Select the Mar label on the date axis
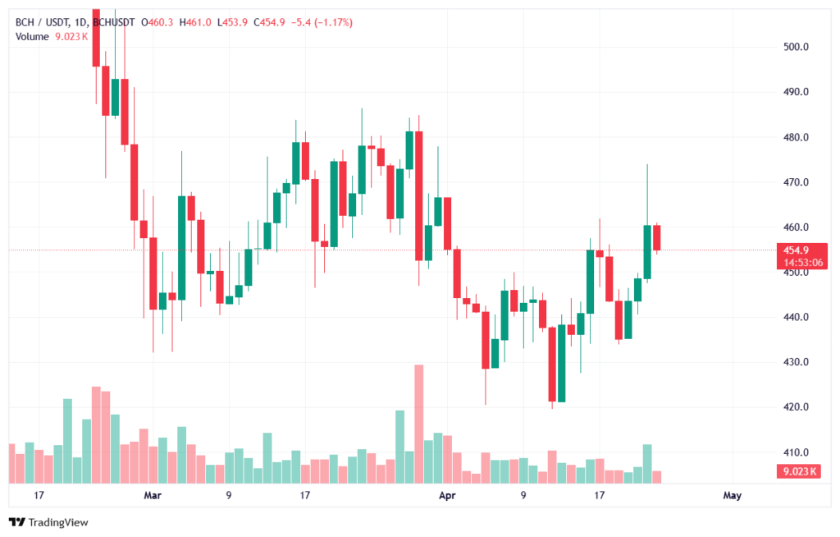coord(152,495)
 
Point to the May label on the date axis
coord(733,495)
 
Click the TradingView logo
coord(48,522)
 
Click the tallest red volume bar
coord(418,424)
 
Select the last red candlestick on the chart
coord(657,237)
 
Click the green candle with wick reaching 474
coord(647,251)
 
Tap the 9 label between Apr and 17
coord(523,495)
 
